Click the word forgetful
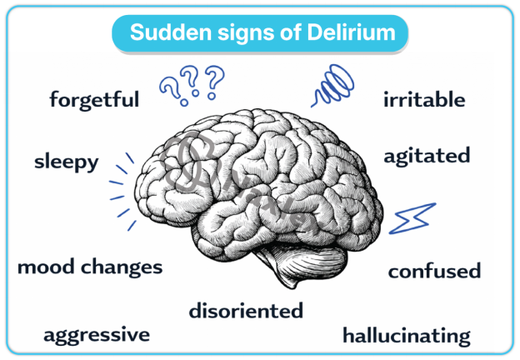pos(94,101)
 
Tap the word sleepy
pos(66,162)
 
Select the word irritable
pos(423,101)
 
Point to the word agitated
pos(427,156)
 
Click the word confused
pos(434,271)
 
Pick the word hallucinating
pos(407,336)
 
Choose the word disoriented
pos(246,311)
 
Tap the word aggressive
pos(97,335)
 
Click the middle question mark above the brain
pos(193,82)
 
